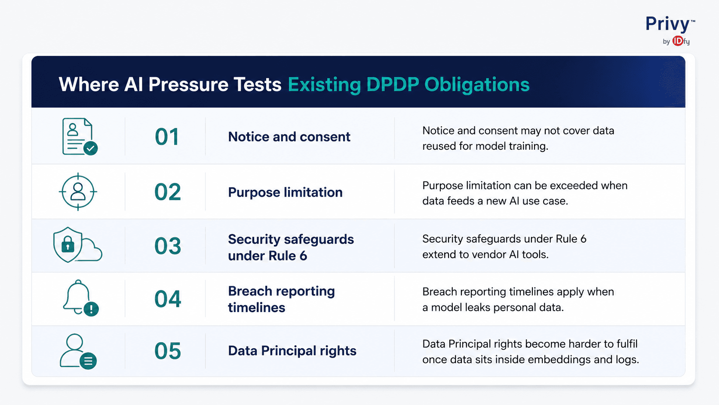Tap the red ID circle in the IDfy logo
coord(678,41)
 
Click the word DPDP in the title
coord(393,84)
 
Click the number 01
coord(167,137)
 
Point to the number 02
coord(167,192)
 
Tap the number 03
coord(167,246)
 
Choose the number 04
coord(168,299)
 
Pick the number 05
coord(168,351)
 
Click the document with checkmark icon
coord(80,136)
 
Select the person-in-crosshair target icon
coord(78,192)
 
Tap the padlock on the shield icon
coord(68,245)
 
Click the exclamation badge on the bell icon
coord(91,309)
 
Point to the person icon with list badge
coord(78,351)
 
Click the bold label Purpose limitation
coord(286,192)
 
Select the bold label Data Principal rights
coord(292,351)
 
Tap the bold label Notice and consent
coord(289,137)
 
